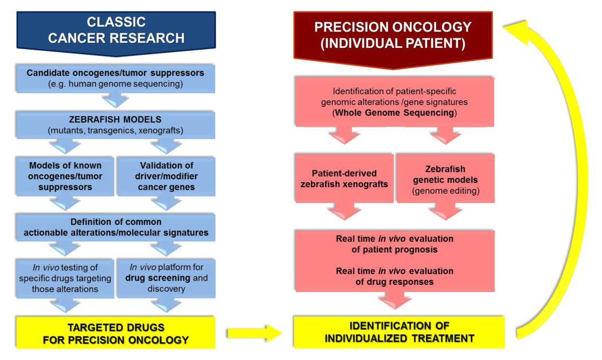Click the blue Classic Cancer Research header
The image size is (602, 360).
(116, 32)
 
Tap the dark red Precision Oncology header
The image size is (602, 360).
(392, 38)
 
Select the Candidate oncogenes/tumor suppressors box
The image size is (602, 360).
(115, 78)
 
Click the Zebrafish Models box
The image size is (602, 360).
(115, 125)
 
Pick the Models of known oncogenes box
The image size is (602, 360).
(65, 176)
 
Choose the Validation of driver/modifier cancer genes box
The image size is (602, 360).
(166, 176)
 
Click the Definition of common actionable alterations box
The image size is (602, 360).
(115, 227)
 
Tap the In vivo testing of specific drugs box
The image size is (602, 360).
(65, 278)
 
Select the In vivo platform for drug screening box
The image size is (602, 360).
(166, 278)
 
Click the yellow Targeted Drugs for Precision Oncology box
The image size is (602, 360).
(116, 333)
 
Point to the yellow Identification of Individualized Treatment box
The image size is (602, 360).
(399, 332)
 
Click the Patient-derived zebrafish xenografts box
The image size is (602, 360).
(344, 178)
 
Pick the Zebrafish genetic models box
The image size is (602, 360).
(446, 178)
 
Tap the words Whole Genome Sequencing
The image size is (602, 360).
(395, 113)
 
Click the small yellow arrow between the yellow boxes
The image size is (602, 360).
(255, 333)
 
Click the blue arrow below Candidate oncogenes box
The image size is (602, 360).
(116, 100)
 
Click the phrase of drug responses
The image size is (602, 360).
(395, 282)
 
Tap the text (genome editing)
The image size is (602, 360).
(446, 191)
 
